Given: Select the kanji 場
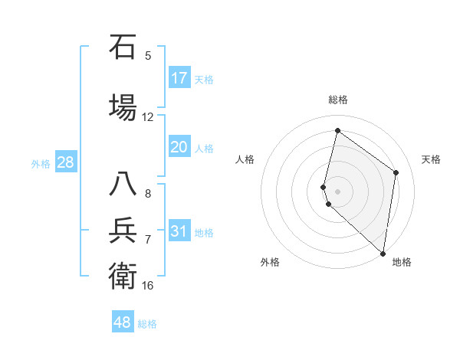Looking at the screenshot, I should [x=123, y=106].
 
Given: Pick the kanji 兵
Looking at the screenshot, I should [x=123, y=231].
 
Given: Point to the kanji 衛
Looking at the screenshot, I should [x=123, y=275].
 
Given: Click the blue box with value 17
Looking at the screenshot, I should [x=179, y=78].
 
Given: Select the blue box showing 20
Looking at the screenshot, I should [x=179, y=147].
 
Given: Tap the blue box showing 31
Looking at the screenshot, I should [x=179, y=231].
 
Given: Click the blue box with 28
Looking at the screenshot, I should [x=65, y=162].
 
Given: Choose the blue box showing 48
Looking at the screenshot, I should [x=122, y=322].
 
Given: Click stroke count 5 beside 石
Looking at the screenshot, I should [x=148, y=55].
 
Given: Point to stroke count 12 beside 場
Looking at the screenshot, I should [x=148, y=117].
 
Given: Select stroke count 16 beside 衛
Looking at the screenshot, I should [x=148, y=286].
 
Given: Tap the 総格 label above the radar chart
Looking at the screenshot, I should [x=337, y=100].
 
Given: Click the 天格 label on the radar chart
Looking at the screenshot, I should [x=431, y=159].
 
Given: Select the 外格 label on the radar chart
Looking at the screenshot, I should [x=269, y=262].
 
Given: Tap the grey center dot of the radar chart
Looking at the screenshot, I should [x=337, y=191].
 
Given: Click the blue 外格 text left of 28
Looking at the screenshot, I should [x=41, y=163].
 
